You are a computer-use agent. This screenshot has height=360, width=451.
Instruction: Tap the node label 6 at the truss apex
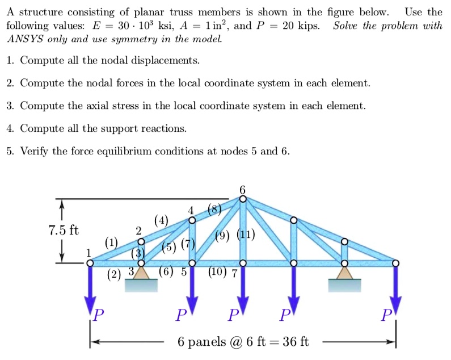click(243, 190)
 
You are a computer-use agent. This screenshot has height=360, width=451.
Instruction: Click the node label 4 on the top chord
click(192, 211)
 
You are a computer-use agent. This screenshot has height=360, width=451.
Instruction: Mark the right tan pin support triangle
click(344, 273)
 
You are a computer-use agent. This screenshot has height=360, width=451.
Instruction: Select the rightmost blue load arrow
click(395, 290)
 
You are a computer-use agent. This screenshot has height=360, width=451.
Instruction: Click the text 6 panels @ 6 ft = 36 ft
click(244, 342)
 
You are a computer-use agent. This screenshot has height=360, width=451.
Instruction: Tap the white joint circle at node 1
click(90, 263)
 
